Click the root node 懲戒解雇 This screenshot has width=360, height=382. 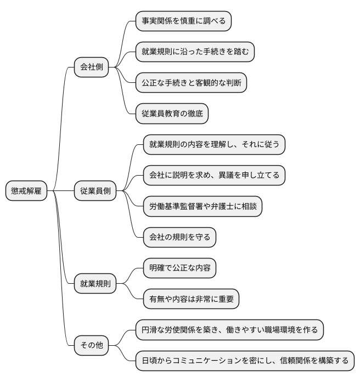(x=26, y=191)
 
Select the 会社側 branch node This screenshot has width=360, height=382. (x=92, y=68)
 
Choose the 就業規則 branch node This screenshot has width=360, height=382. (x=95, y=284)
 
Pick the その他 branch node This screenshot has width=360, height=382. (x=92, y=345)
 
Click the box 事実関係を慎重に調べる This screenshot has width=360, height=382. (x=183, y=22)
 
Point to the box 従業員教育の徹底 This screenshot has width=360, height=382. (x=172, y=114)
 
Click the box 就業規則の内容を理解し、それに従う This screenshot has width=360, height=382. (x=213, y=145)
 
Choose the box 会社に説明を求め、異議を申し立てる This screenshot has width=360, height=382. (x=213, y=176)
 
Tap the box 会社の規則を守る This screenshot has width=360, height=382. (x=179, y=237)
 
